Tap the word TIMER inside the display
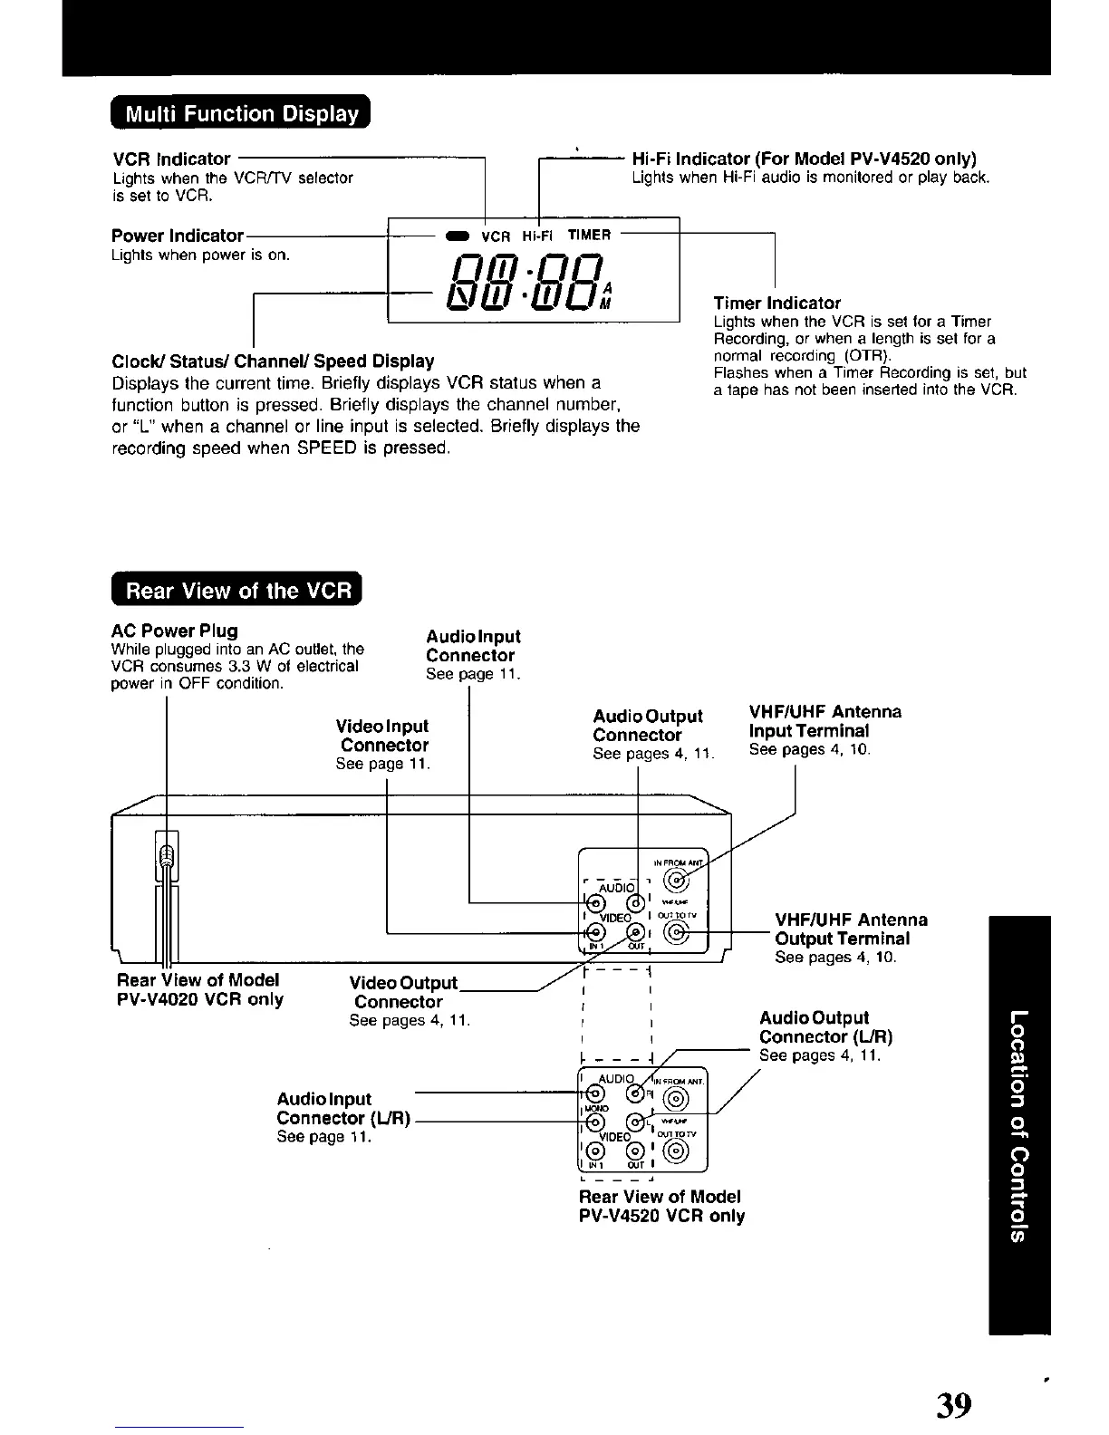589,236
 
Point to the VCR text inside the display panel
497,236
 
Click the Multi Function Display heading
242,114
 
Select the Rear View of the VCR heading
237,591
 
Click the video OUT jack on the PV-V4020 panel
637,933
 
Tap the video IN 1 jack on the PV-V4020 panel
595,933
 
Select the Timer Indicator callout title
776,303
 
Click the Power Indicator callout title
178,236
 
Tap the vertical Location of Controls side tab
1019,1123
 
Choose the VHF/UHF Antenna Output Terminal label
851,929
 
